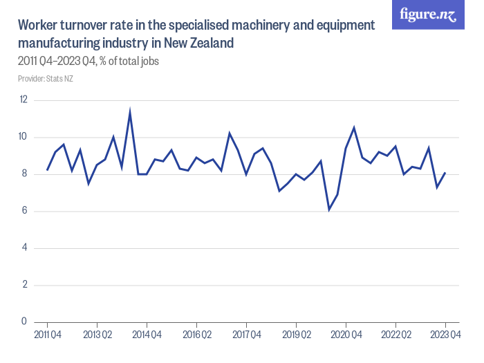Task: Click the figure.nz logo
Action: [x=429, y=15]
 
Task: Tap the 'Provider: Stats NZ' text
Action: [x=46, y=79]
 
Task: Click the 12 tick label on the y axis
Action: [x=24, y=100]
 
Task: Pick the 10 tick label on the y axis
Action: [x=24, y=137]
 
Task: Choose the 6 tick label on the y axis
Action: [x=24, y=211]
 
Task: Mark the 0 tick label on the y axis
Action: [x=24, y=322]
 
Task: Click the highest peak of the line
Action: [x=130, y=111]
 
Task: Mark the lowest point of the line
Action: [x=329, y=209]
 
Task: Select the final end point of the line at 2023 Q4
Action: [x=445, y=172]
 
